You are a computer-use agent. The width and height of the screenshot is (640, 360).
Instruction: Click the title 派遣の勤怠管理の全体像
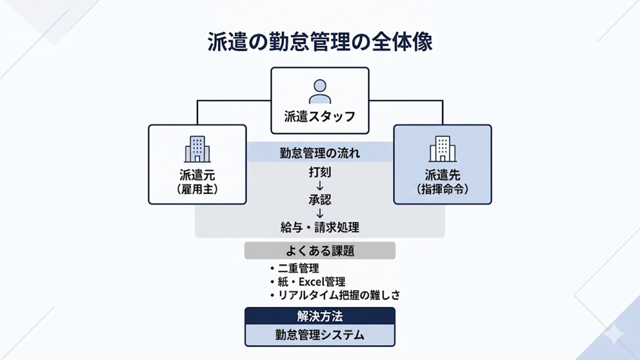[x=320, y=43]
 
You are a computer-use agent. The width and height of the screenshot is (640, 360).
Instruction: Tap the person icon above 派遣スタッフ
[x=320, y=91]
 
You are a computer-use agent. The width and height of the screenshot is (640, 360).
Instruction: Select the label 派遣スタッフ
[x=320, y=117]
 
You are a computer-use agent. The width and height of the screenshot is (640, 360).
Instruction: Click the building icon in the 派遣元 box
[x=197, y=148]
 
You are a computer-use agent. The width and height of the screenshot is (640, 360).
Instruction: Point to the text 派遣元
[x=197, y=175]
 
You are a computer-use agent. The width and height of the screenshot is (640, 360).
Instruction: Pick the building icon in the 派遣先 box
[x=442, y=148]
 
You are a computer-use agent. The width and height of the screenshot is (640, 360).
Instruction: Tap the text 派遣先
[x=442, y=175]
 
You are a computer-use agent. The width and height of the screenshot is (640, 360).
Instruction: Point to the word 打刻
[x=320, y=173]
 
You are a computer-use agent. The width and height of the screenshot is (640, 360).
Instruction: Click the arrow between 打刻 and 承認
[x=320, y=186]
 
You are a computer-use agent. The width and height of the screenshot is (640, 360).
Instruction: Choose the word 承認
[x=320, y=200]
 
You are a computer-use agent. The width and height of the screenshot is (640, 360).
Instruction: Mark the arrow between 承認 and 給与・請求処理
[x=320, y=213]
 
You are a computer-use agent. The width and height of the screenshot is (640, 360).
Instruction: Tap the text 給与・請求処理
[x=320, y=227]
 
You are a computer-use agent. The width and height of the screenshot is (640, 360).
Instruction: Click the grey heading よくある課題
[x=320, y=250]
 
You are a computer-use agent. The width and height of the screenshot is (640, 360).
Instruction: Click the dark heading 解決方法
[x=320, y=316]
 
